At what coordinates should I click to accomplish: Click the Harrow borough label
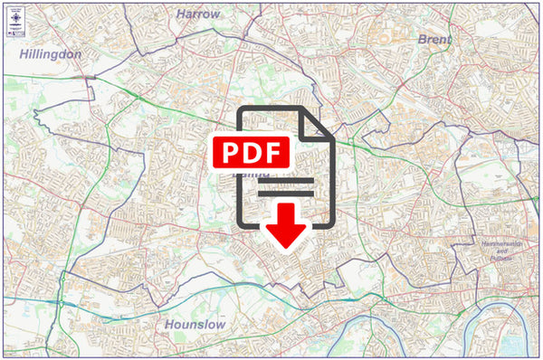click(197, 14)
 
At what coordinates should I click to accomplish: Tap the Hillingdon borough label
click(51, 54)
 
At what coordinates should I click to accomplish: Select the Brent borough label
click(434, 40)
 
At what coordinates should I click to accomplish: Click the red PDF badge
click(251, 150)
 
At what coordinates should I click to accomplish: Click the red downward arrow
click(286, 225)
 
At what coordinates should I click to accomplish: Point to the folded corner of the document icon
click(318, 124)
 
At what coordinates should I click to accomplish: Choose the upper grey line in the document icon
click(286, 181)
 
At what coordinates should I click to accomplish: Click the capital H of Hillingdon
click(24, 54)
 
